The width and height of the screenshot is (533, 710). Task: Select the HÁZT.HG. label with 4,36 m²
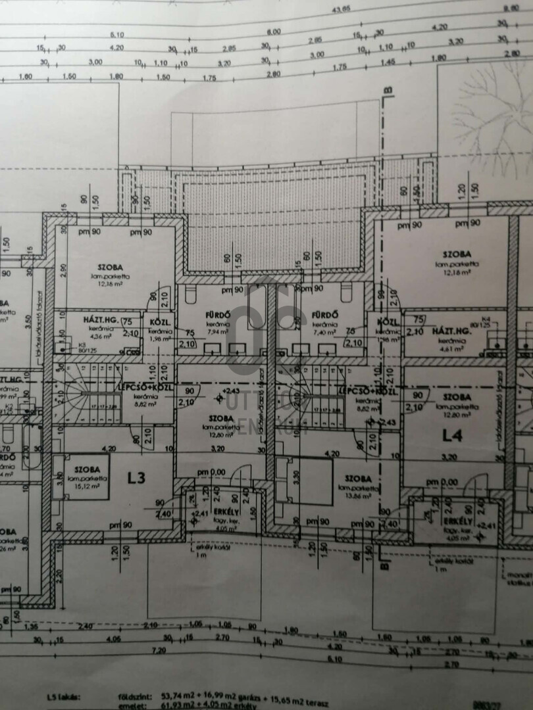(101, 319)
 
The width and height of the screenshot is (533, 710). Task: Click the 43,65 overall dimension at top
(341, 9)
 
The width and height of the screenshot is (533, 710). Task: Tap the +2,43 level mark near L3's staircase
(231, 391)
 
